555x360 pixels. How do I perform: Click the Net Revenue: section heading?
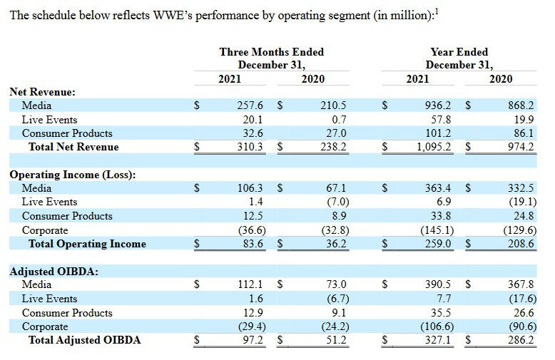click(42, 92)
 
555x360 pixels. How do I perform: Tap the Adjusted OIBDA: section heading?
click(54, 271)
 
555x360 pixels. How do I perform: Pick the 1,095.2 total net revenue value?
click(434, 147)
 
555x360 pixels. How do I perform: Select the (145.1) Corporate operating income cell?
click(436, 230)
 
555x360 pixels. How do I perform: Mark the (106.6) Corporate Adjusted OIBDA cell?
click(436, 326)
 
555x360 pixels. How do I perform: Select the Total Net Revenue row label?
click(73, 147)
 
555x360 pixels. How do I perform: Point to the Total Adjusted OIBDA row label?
click(84, 340)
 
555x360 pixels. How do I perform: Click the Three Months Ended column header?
click(271, 52)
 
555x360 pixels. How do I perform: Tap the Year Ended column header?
click(459, 52)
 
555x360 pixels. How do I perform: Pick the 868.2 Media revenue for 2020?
click(520, 106)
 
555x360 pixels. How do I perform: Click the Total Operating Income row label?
click(86, 244)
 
